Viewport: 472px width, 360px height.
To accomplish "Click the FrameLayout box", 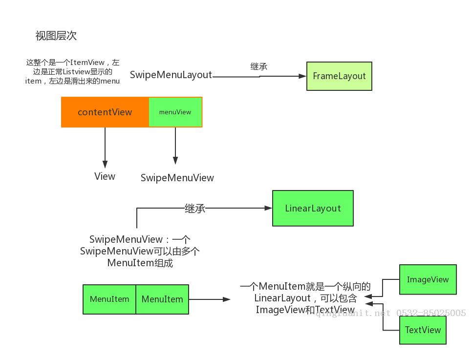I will (339, 76).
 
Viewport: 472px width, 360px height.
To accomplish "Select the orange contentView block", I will (105, 112).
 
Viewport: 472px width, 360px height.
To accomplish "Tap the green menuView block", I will (175, 112).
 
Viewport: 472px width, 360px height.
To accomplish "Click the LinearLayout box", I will (313, 208).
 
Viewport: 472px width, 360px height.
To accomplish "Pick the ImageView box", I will (428, 279).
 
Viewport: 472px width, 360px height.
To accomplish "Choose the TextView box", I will (423, 330).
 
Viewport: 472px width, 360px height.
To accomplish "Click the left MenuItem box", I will (109, 299).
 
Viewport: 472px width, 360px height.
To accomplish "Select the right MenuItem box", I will (162, 299).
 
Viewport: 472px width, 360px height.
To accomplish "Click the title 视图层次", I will (56, 36).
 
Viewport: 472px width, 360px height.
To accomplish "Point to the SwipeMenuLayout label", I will (171, 75).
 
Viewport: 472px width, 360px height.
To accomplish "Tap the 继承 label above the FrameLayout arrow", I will (258, 66).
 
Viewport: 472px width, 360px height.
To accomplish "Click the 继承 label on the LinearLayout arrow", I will (194, 208).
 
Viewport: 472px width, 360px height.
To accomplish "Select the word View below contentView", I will (105, 176).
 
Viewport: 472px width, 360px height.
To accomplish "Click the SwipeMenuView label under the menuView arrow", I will (177, 178).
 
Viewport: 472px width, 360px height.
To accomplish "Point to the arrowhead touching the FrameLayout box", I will (302, 76).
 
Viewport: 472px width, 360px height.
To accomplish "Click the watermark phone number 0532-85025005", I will (431, 313).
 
